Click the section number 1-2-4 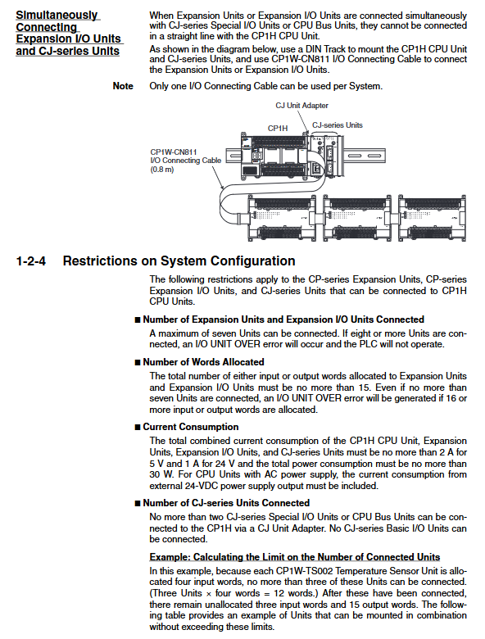tap(30, 261)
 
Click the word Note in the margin tap(123, 86)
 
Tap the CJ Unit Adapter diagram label tap(301, 106)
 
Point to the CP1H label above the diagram tap(278, 129)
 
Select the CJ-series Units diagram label tap(338, 125)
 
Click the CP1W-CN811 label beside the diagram tap(174, 152)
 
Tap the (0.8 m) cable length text tap(162, 170)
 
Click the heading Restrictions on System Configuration tap(179, 261)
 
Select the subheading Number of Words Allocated tap(203, 362)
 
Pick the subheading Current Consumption tap(191, 427)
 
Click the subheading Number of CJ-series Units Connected tap(226, 503)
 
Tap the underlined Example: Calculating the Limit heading tap(295, 557)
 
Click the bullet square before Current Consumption tap(138, 427)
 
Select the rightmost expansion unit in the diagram tap(432, 218)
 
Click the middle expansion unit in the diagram tap(356, 218)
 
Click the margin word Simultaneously tap(57, 16)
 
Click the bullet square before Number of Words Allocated tap(138, 362)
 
